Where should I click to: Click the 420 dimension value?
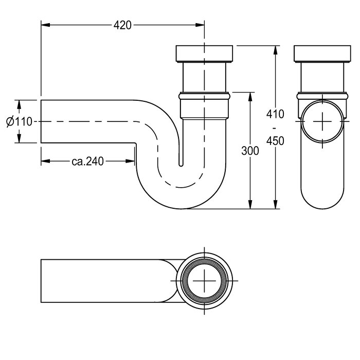click(122, 25)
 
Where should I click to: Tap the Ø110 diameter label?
click(20, 121)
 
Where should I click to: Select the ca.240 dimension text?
click(88, 161)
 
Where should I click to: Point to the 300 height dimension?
click(250, 151)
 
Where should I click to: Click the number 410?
click(275, 114)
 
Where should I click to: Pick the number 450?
click(275, 141)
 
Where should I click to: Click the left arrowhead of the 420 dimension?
click(45, 25)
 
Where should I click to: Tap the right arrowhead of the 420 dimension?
click(200, 25)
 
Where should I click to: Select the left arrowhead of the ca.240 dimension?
click(45, 161)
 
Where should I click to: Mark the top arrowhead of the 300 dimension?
click(250, 97)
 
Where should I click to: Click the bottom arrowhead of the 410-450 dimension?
click(276, 204)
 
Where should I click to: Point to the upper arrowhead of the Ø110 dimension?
click(20, 104)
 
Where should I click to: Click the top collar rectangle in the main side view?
click(204, 53)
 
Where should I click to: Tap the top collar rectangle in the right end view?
click(322, 53)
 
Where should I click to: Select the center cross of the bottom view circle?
click(204, 281)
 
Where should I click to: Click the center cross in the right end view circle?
click(322, 121)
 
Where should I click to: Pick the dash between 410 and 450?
click(275, 128)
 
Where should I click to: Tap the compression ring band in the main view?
click(204, 96)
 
